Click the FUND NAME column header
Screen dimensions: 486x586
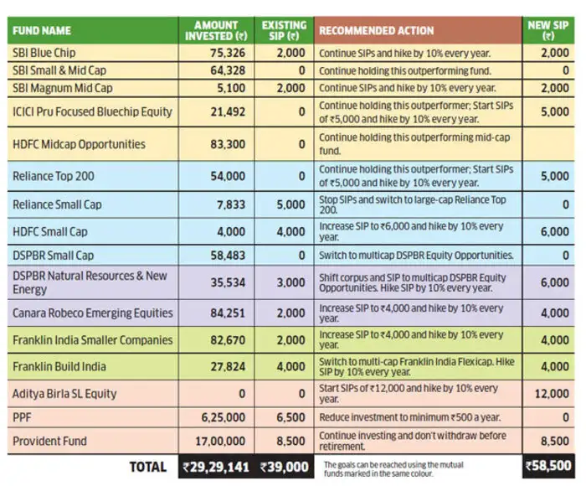pos(39,30)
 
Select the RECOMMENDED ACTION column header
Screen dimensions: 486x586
pos(376,30)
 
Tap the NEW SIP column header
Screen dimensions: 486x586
pos(549,30)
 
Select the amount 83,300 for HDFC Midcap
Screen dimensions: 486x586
pos(226,144)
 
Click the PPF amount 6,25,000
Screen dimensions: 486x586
pos(222,416)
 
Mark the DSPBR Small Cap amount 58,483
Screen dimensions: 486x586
pos(226,253)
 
